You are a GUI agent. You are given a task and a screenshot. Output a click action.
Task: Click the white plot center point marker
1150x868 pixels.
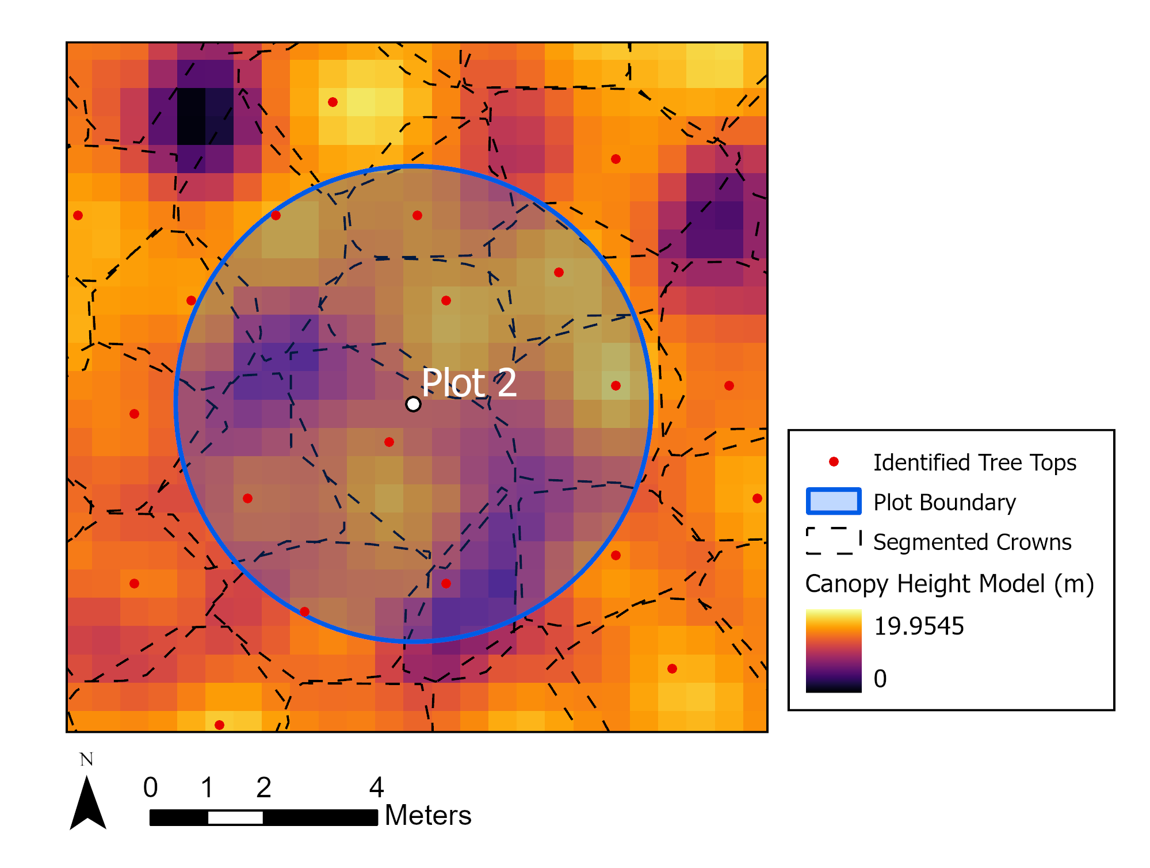[413, 404]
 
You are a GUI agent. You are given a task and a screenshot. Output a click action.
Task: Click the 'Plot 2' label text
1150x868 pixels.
[469, 383]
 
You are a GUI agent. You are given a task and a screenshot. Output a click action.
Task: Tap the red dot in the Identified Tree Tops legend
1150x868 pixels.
[834, 461]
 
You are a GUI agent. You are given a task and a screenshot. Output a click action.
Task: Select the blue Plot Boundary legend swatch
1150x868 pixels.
[834, 501]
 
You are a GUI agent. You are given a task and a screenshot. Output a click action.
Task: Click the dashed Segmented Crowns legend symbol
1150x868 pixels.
[834, 541]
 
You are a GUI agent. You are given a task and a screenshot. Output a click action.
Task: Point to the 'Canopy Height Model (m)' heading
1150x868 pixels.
[949, 584]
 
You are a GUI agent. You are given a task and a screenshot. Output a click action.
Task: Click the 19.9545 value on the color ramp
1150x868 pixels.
[919, 626]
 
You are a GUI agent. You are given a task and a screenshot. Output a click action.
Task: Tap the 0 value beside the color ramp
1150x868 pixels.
[880, 679]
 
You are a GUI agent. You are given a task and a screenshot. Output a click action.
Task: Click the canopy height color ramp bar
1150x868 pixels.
[834, 651]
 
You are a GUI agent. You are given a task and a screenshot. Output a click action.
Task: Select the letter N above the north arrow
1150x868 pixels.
[86, 760]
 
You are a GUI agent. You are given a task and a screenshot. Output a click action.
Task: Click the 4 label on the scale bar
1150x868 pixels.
[376, 787]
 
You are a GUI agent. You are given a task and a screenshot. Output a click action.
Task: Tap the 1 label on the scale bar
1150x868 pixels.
[207, 787]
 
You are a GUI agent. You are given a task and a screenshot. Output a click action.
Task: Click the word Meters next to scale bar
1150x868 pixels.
[428, 815]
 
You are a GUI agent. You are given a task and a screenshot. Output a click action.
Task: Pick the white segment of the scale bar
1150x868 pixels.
[235, 817]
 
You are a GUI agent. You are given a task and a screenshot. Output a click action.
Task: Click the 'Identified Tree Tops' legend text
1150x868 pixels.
[975, 462]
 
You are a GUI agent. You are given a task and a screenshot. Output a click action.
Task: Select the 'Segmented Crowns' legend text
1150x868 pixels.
[972, 542]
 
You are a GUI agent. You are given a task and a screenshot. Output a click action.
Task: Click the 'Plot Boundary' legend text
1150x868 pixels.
[945, 502]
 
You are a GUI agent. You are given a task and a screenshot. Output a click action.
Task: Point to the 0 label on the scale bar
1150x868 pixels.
[151, 787]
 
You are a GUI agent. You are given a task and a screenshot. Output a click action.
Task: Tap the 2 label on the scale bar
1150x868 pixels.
[263, 787]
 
